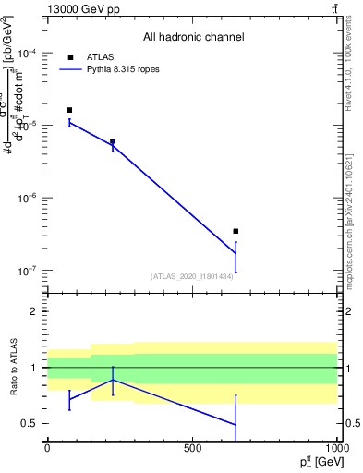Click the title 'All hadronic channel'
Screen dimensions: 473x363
click(x=192, y=38)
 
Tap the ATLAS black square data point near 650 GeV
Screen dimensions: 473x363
click(x=236, y=231)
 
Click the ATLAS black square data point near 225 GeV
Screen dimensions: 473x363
click(x=113, y=141)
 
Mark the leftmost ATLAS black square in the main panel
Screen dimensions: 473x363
click(x=69, y=110)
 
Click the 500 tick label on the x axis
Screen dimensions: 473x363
click(x=192, y=448)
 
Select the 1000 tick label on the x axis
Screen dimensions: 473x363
click(x=336, y=448)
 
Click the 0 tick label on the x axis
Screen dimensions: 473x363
click(x=47, y=448)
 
